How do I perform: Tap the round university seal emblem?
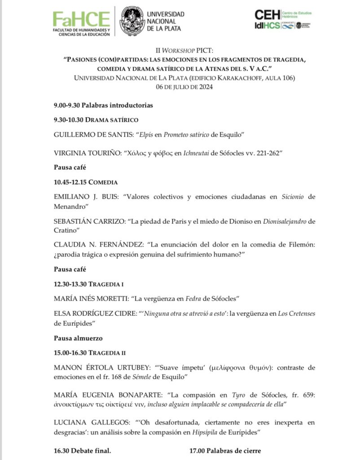[x=132, y=21]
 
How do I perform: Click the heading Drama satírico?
[x=112, y=120]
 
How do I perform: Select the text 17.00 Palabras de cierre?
[x=225, y=450]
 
